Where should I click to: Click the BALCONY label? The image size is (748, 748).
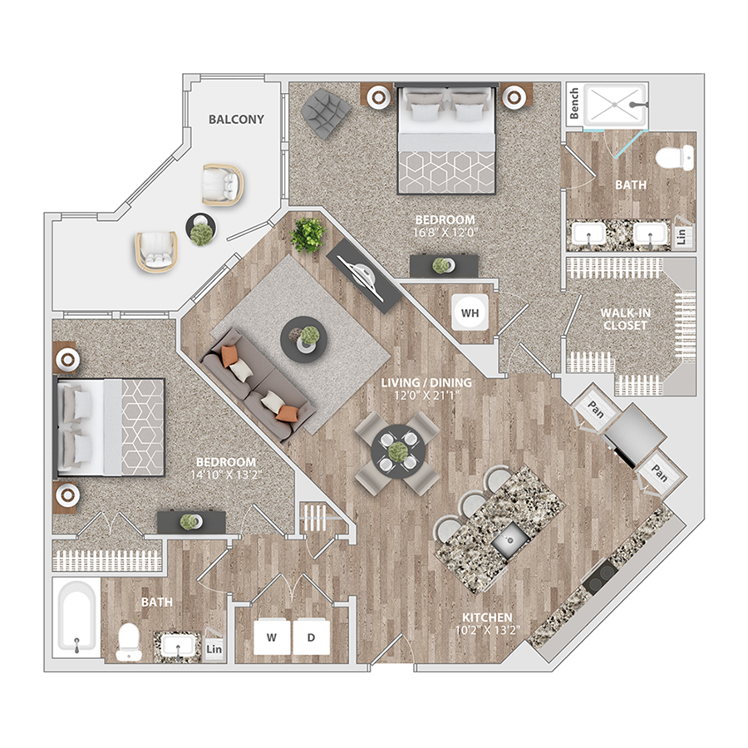pyautogui.click(x=236, y=119)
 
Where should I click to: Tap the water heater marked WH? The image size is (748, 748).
pyautogui.click(x=470, y=312)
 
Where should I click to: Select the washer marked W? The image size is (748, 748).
pyautogui.click(x=272, y=637)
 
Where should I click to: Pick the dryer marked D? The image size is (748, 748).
pyautogui.click(x=311, y=637)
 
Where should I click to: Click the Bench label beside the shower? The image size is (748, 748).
pyautogui.click(x=573, y=103)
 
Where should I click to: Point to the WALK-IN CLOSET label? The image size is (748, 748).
pyautogui.click(x=625, y=319)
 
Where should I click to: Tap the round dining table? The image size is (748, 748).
pyautogui.click(x=398, y=450)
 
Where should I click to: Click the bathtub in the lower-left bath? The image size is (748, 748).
pyautogui.click(x=76, y=618)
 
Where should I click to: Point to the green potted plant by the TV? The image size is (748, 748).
pyautogui.click(x=308, y=234)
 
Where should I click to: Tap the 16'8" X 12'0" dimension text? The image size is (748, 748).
pyautogui.click(x=445, y=233)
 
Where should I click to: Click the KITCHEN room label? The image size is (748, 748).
pyautogui.click(x=487, y=618)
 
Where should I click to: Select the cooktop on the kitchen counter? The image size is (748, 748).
pyautogui.click(x=601, y=578)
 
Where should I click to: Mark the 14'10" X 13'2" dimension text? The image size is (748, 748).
pyautogui.click(x=227, y=475)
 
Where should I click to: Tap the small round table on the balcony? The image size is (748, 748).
pyautogui.click(x=201, y=229)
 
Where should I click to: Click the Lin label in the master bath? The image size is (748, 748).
pyautogui.click(x=682, y=236)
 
